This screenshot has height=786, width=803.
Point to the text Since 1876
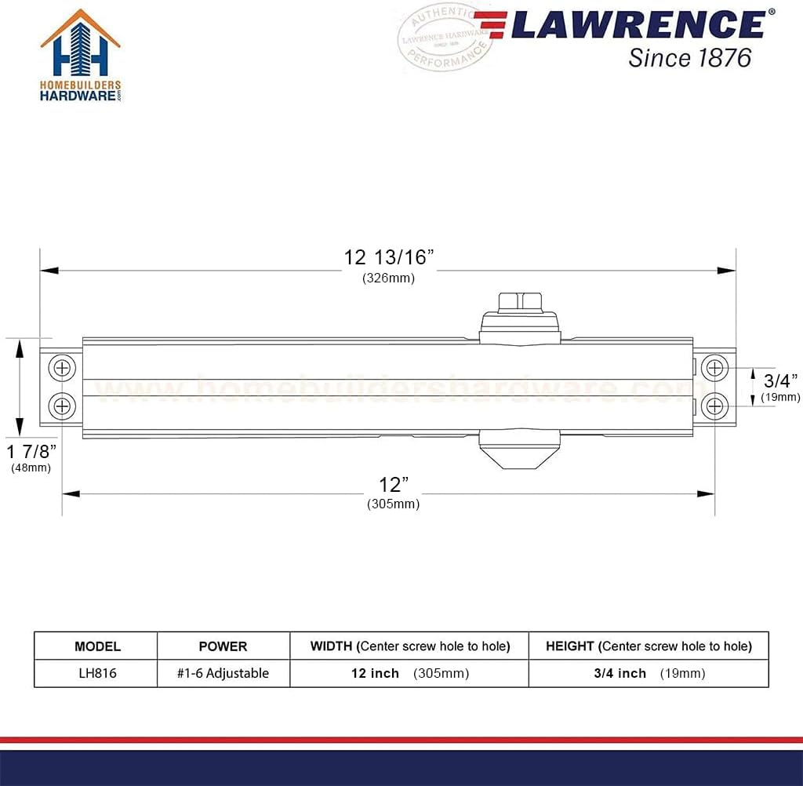point(689,57)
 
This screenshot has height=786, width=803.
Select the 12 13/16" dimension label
point(389,257)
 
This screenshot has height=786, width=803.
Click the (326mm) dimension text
point(388,278)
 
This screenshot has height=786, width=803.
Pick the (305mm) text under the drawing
point(393,504)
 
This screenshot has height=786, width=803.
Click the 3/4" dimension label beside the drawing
point(779,381)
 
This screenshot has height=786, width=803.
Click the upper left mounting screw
point(62,367)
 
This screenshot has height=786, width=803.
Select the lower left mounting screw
point(62,406)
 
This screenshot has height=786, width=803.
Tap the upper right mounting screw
point(714,367)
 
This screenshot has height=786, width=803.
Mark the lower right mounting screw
point(714,406)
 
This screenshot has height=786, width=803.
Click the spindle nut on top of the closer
point(521,302)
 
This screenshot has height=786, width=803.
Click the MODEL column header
point(97,646)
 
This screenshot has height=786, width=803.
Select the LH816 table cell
point(97,673)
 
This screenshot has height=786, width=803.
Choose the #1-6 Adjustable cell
point(223,673)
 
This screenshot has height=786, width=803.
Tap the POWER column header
point(223,646)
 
